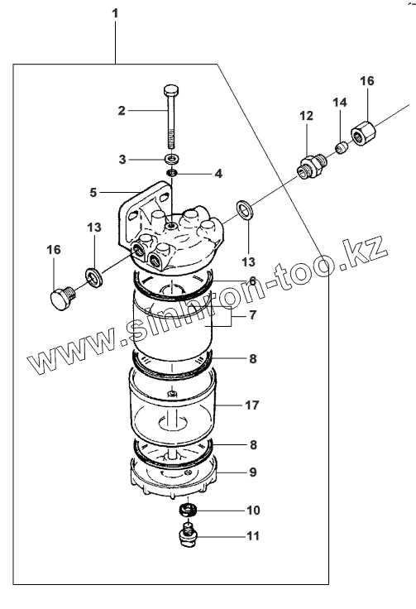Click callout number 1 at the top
115,13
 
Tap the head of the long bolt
170,90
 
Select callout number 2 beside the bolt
122,111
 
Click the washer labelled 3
171,159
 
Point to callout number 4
218,173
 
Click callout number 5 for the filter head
93,192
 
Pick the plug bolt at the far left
61,298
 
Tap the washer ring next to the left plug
94,276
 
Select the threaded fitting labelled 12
311,165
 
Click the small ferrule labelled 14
341,148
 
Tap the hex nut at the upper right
364,133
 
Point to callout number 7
253,314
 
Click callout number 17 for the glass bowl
252,405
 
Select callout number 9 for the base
253,472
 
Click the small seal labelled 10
189,509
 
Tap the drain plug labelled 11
188,535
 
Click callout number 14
340,102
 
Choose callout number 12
306,115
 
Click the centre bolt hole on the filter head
170,225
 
